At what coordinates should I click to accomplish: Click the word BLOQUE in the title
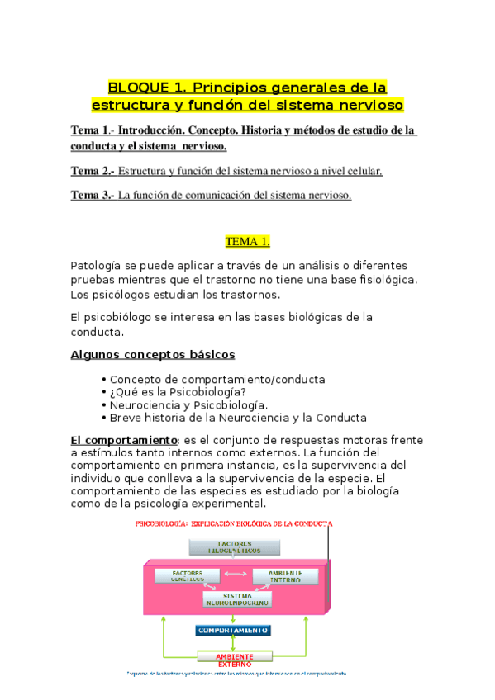[136, 87]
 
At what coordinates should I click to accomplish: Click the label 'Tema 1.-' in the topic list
[92, 130]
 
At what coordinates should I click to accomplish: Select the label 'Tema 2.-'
[92, 172]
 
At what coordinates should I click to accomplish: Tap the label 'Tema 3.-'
[92, 196]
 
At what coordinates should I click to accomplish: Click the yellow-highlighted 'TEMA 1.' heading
[247, 242]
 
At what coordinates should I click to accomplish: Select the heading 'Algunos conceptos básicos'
[153, 354]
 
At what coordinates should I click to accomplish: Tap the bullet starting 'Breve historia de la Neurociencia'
[238, 418]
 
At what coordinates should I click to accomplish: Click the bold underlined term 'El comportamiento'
[123, 440]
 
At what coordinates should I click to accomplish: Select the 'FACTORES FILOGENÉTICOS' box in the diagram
[235, 546]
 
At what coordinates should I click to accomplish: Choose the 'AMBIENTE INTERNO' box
[284, 575]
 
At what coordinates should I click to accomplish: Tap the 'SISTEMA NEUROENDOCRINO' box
[236, 598]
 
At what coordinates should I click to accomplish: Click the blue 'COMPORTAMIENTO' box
[233, 630]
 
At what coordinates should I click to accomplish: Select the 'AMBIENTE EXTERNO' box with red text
[233, 659]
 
